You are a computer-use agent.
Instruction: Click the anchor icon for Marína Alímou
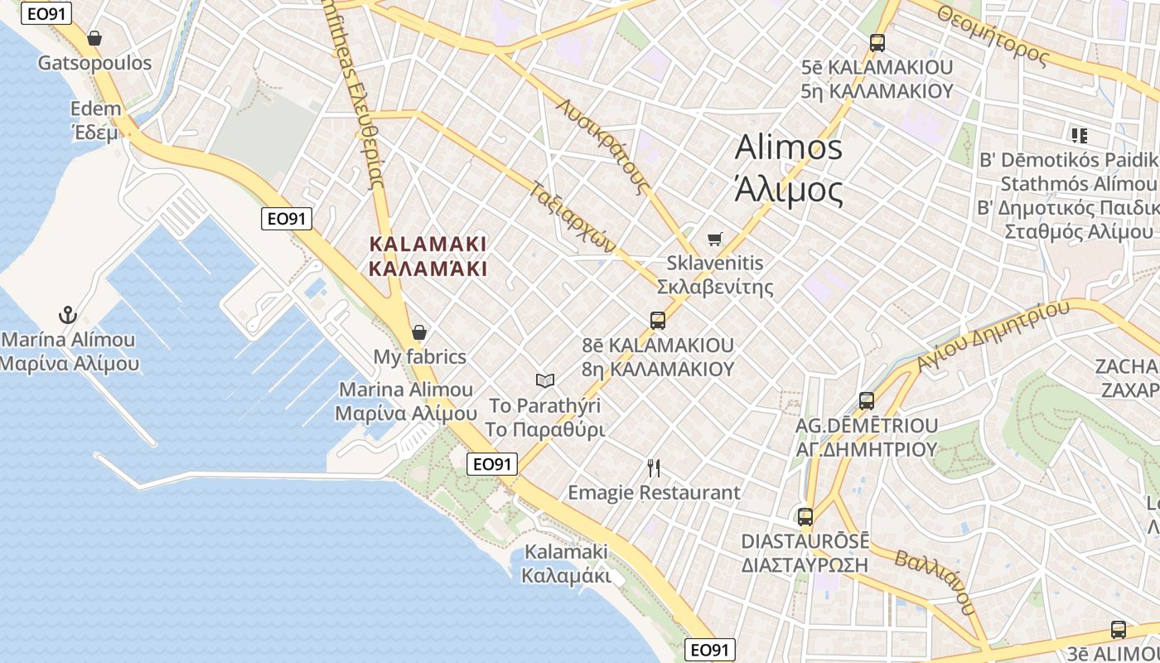coord(68,315)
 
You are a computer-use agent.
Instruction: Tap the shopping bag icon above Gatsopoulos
coord(94,38)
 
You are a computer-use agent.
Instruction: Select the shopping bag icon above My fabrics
coord(419,332)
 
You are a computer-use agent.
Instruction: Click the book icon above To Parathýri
coord(544,380)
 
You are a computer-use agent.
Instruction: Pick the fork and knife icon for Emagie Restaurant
coord(654,468)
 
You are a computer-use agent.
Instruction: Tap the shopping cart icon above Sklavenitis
coord(715,239)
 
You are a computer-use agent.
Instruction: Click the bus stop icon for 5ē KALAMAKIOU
coord(877,42)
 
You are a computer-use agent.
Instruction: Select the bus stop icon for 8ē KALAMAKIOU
coord(658,320)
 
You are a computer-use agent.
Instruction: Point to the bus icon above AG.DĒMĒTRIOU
coord(867,400)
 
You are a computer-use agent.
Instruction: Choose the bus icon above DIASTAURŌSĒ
coord(805,516)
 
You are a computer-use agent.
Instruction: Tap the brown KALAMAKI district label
coord(428,256)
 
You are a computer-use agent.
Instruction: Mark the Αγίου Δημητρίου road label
coord(993,336)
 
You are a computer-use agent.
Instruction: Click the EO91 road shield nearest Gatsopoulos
coord(46,13)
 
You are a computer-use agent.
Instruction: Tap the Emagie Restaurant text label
coord(654,492)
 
